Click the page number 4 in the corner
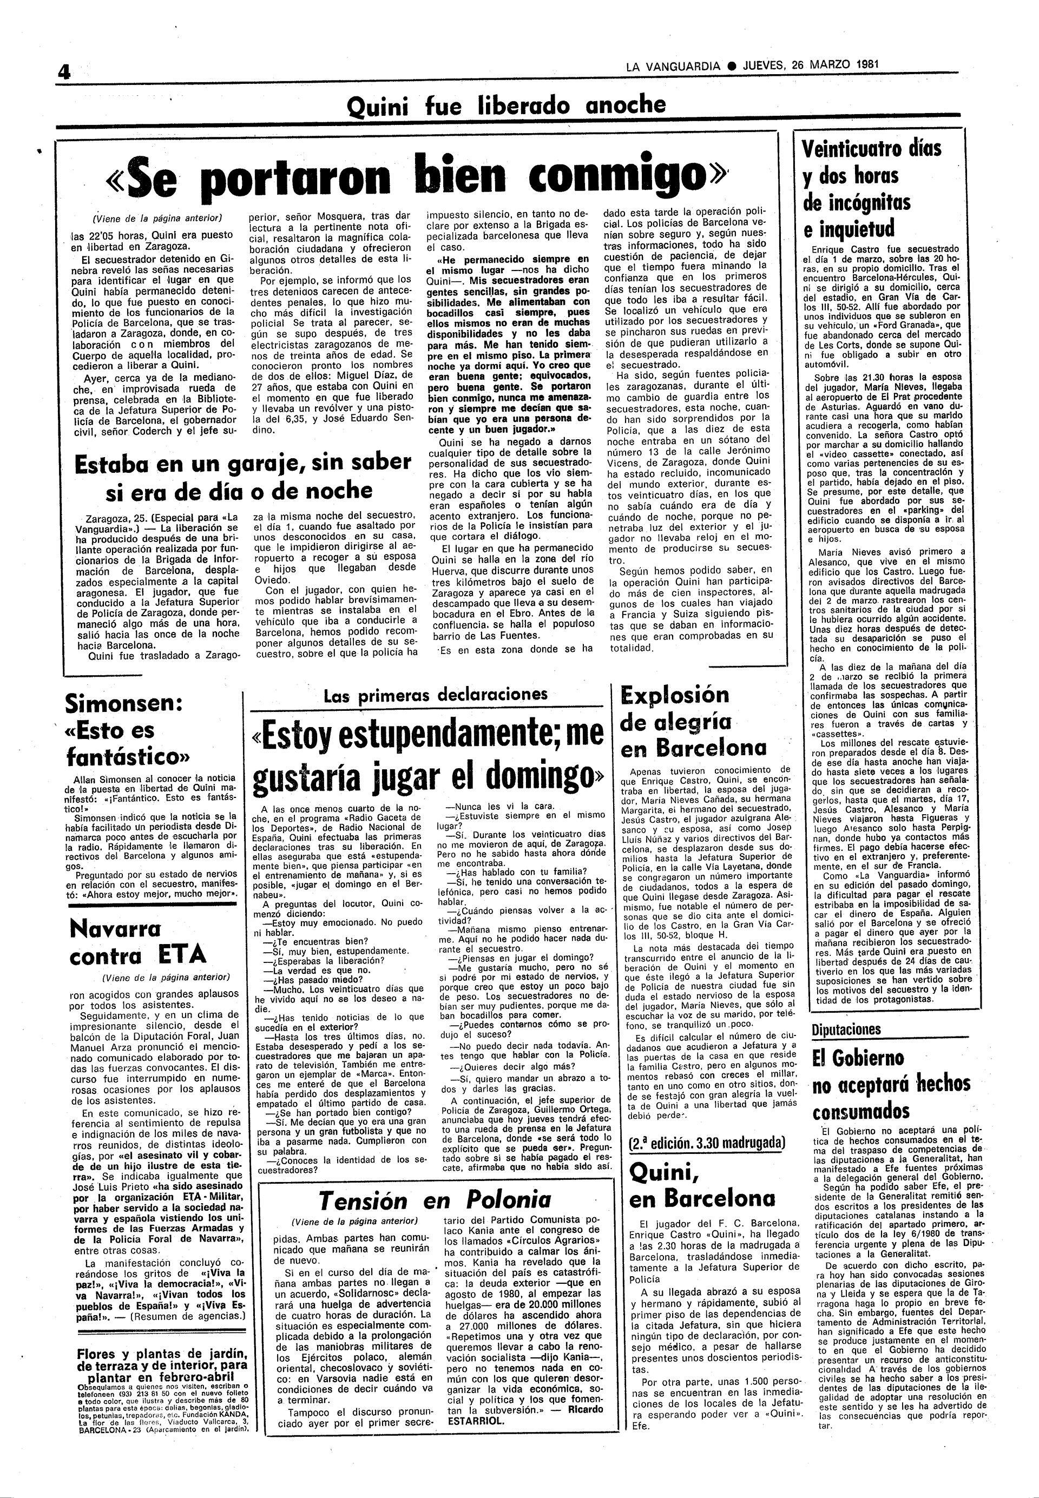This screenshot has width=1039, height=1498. [64, 72]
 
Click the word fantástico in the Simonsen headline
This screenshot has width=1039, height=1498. [128, 757]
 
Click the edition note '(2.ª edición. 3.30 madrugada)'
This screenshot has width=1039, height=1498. [707, 1143]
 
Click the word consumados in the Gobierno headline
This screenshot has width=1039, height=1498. [860, 1111]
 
